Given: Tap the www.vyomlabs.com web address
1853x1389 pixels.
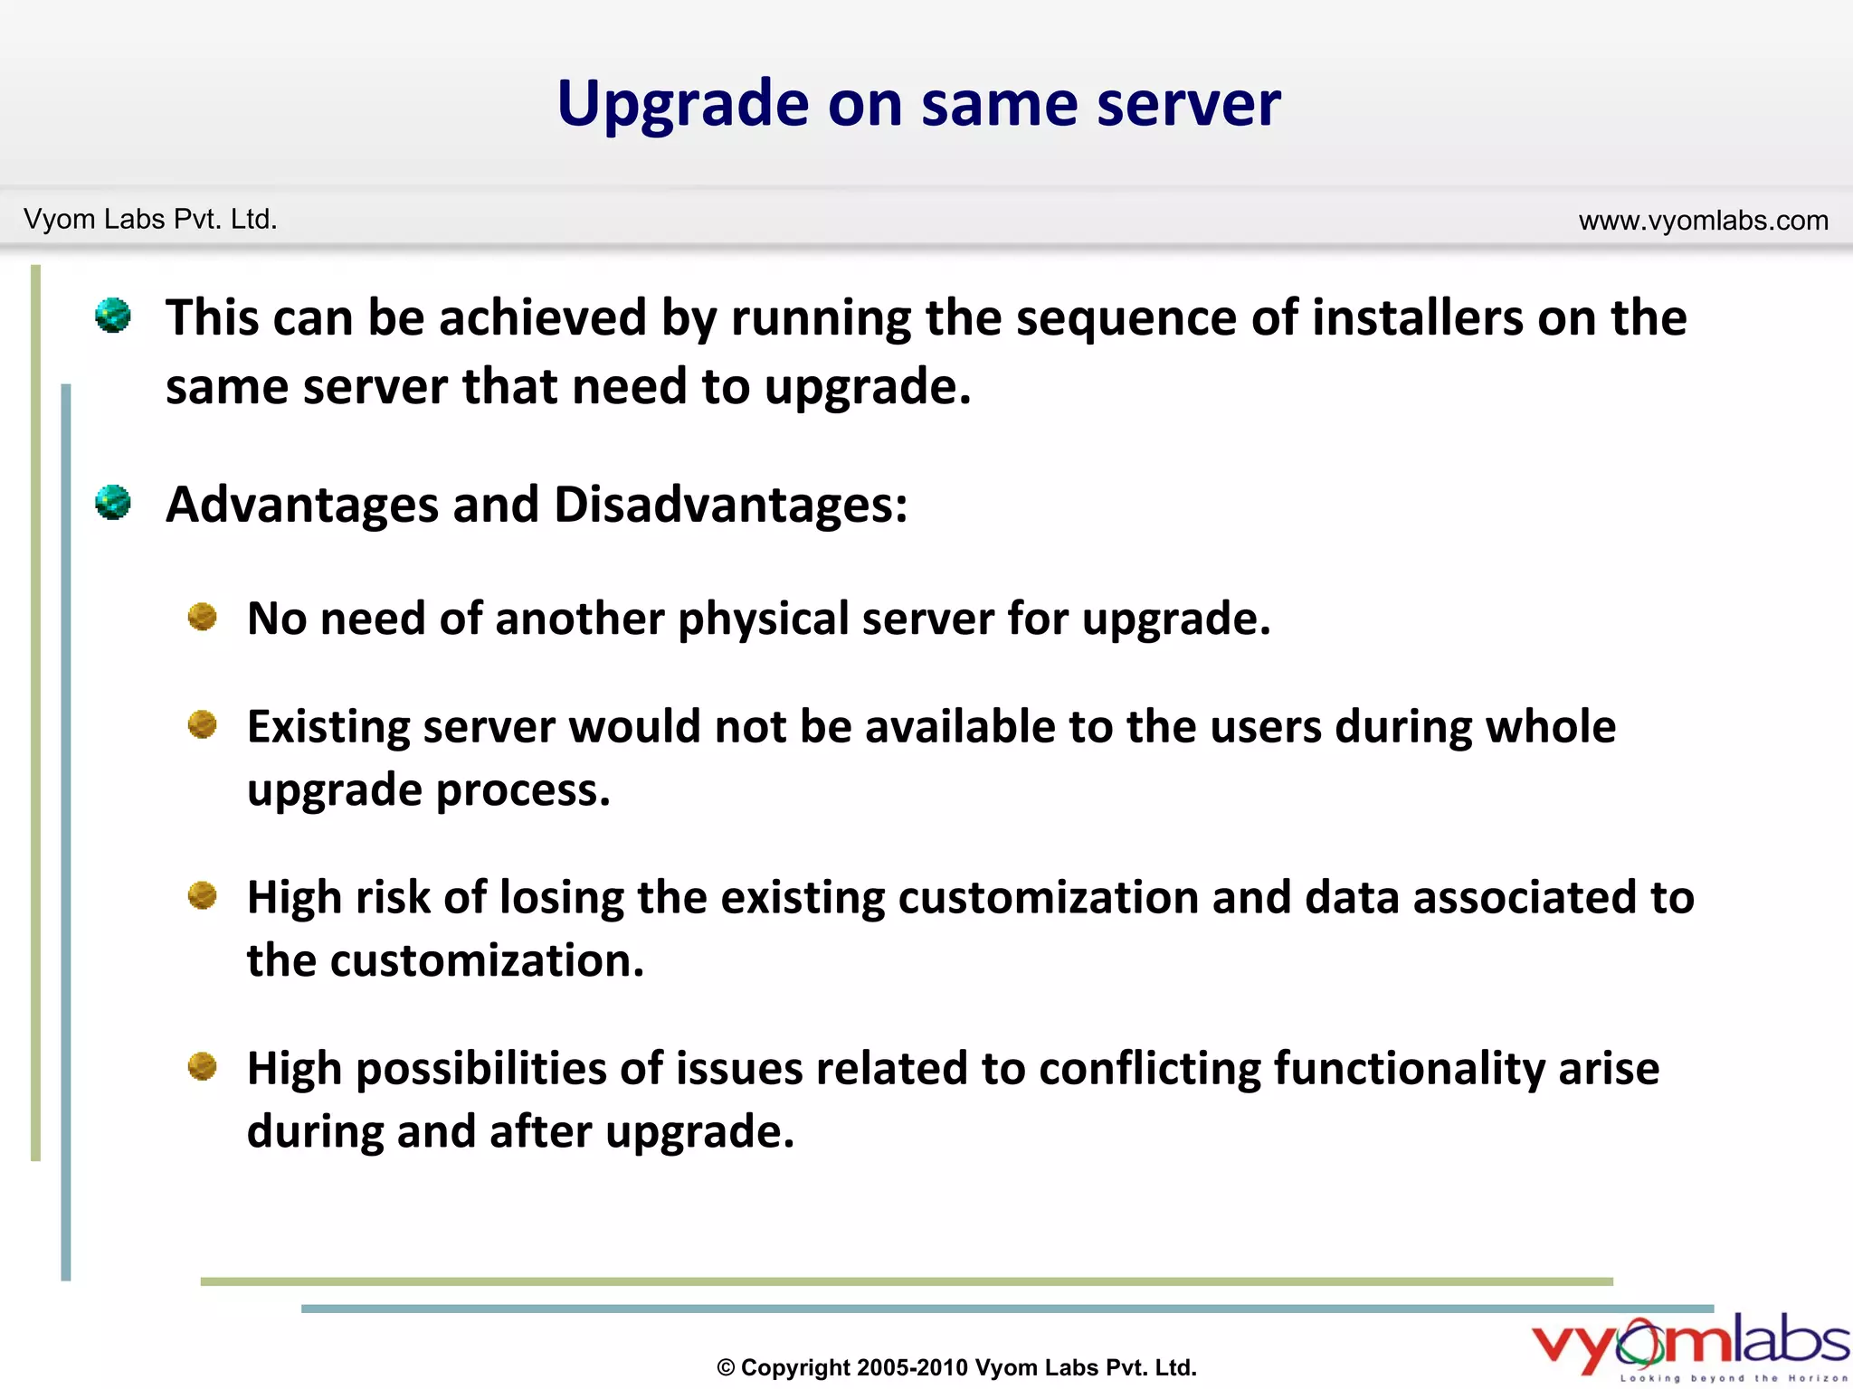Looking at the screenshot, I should point(1703,221).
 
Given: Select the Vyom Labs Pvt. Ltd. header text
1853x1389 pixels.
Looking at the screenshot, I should point(150,220).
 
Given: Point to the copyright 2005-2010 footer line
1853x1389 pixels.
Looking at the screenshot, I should point(956,1367).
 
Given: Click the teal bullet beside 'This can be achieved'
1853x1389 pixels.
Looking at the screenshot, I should point(113,316).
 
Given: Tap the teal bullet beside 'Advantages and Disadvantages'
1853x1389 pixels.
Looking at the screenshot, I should point(113,503).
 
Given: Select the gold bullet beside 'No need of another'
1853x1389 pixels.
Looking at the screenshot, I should point(203,617).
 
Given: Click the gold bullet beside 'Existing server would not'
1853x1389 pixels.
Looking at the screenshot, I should point(203,724).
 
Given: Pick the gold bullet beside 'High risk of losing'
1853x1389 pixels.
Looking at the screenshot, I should point(203,895).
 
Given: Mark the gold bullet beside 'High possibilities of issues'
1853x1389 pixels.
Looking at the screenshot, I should point(203,1066).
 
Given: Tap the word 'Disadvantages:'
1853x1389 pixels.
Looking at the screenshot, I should point(730,505).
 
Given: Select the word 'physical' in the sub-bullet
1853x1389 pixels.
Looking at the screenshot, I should point(765,620).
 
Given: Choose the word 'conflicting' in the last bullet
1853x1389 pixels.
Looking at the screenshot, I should point(1149,1069).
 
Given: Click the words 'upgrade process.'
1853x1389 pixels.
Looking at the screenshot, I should point(429,790).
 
